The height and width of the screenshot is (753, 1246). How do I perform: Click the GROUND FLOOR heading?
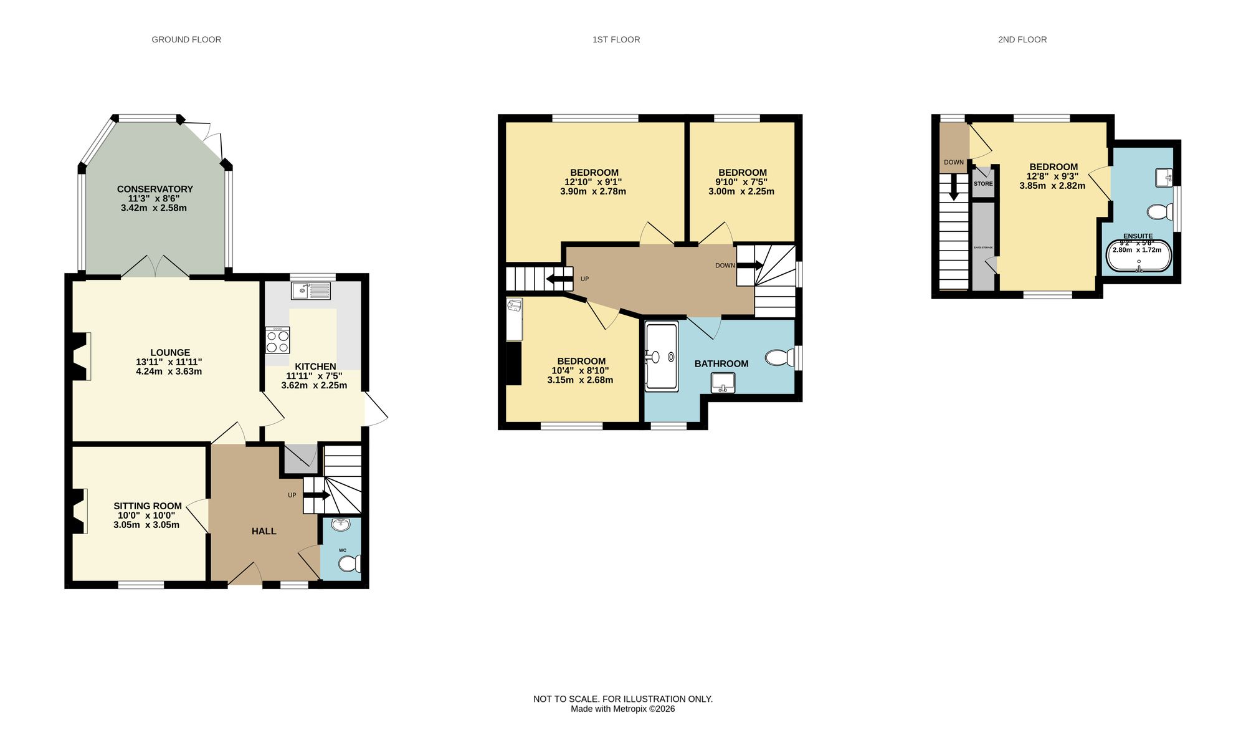pos(186,39)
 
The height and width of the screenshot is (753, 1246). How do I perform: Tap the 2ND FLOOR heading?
pos(1022,39)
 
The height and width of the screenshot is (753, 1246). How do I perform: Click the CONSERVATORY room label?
pos(155,189)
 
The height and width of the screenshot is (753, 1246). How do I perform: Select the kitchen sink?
pos(311,290)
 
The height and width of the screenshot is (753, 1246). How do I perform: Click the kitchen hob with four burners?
pos(277,341)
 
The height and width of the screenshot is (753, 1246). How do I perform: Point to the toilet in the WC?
pos(348,564)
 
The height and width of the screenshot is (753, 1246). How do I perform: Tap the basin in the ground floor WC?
pos(341,525)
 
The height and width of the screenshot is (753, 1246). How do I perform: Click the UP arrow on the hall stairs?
pos(316,495)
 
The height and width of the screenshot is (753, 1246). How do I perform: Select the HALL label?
pos(264,531)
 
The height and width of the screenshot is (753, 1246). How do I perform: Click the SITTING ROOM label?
pos(148,506)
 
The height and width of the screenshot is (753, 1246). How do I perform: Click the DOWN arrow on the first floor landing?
pos(749,265)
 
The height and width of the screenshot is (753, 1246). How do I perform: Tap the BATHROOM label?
pos(721,363)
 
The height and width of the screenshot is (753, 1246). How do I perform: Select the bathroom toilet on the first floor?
pos(779,358)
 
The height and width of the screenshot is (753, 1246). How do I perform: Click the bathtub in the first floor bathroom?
pos(661,357)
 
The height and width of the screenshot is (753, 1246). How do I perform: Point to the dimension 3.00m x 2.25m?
pos(741,191)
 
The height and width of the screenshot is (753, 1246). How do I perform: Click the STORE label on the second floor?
pos(983,184)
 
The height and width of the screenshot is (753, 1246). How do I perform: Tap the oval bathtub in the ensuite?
pos(1138,257)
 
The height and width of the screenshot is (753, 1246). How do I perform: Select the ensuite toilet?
pos(1159,212)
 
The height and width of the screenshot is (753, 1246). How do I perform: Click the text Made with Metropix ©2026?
pos(622,709)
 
